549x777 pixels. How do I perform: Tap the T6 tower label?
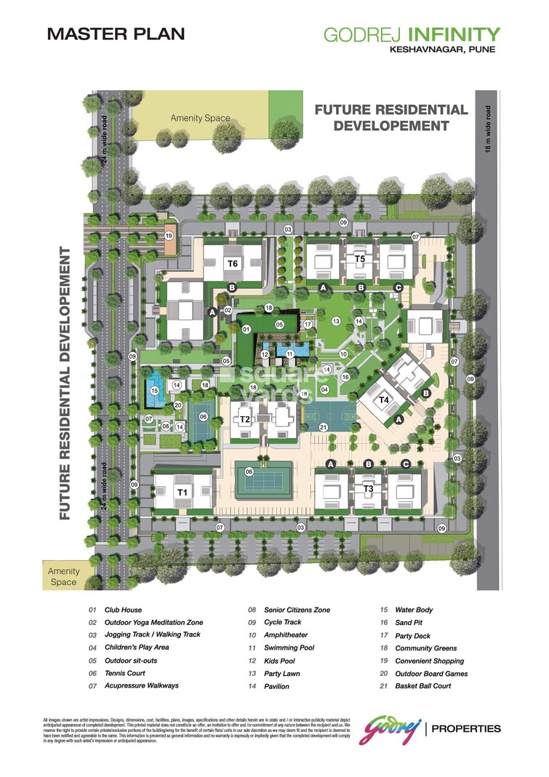233,263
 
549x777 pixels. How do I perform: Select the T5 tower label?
359,259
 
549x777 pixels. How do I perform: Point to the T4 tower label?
384,399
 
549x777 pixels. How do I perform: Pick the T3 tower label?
369,488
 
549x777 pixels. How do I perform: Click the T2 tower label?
245,420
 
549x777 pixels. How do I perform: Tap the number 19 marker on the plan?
169,236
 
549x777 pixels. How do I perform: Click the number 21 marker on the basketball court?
324,428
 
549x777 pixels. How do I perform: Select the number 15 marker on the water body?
154,391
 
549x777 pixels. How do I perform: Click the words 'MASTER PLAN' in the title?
116,33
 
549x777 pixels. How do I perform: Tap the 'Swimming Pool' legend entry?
289,647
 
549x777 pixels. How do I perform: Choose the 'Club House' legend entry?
122,610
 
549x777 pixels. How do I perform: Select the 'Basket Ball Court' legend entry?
422,686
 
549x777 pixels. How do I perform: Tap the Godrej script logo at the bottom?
393,728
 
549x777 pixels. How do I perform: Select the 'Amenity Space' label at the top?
200,118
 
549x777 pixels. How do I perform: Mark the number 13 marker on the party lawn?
336,321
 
